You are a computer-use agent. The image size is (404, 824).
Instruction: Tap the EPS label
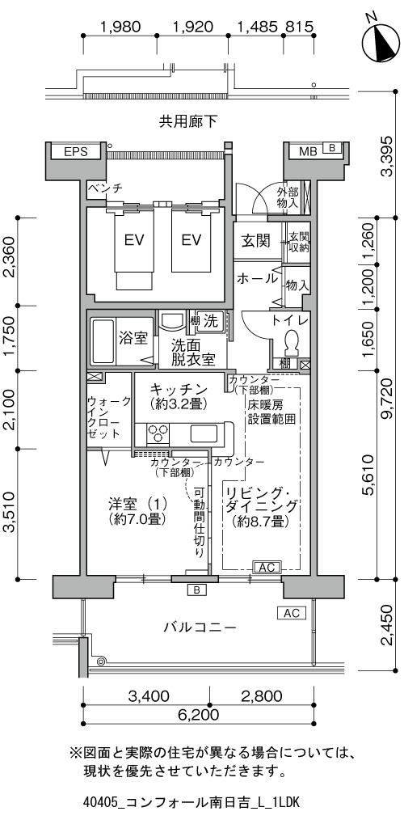pos(76,151)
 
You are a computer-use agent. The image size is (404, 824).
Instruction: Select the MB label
pos(308,151)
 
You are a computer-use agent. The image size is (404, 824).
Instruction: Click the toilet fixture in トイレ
pos(290,344)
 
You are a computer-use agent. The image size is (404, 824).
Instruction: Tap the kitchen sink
pos(202,434)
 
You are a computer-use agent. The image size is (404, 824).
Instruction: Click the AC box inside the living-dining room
pos(267,567)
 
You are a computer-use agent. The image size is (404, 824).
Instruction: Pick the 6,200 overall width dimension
pos(199,714)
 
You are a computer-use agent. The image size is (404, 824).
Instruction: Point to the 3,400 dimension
pos(149,696)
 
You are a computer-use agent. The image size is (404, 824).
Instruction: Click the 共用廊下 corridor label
pos(188,122)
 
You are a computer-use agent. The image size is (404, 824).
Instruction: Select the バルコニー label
pos(200,627)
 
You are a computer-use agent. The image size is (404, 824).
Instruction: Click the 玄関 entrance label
pos(256,241)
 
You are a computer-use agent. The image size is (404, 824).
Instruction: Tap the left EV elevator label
pos(135,240)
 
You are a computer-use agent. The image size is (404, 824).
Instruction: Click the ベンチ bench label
pos(105,188)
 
